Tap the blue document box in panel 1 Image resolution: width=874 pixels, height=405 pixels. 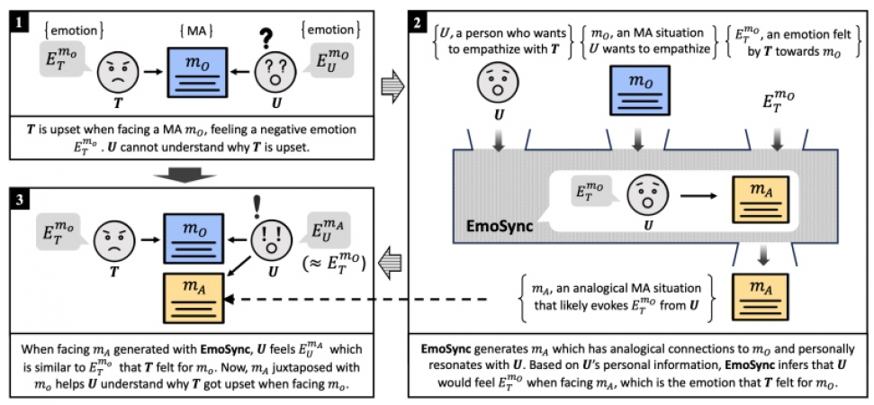(x=197, y=75)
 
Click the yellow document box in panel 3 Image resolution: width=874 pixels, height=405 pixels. (x=194, y=298)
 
